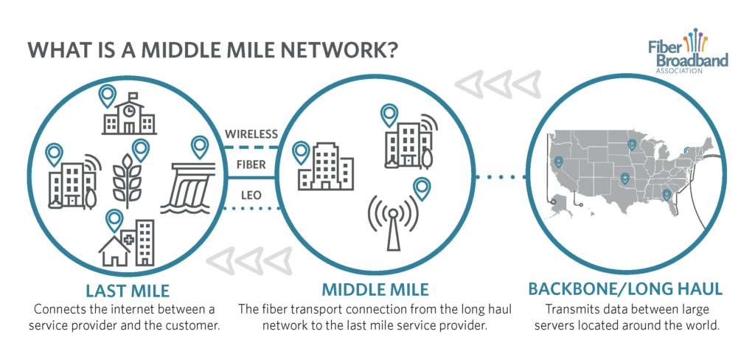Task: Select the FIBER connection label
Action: [x=251, y=165]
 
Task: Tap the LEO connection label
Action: [x=251, y=195]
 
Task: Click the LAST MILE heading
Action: [x=128, y=291]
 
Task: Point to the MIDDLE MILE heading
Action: [x=375, y=290]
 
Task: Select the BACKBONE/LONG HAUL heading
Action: [x=625, y=289]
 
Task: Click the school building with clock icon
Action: [x=128, y=117]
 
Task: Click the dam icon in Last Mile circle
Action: [x=191, y=188]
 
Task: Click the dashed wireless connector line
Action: [x=252, y=147]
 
